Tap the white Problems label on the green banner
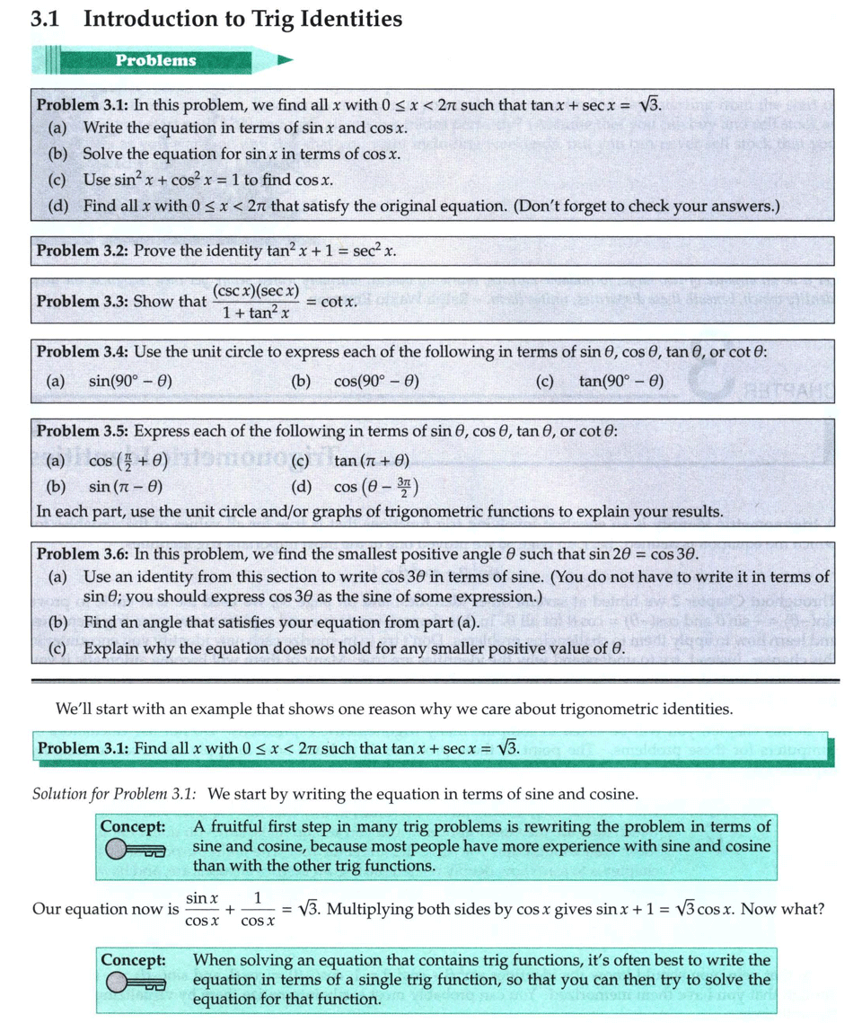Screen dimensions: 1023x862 155,60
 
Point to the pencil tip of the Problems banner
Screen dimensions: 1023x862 286,61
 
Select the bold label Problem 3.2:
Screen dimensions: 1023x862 82,251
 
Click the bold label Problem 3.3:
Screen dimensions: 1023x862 82,302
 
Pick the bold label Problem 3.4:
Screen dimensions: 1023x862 82,351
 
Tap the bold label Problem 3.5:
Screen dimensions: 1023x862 82,431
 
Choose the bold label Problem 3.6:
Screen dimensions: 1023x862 82,553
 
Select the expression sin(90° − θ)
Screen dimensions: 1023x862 131,381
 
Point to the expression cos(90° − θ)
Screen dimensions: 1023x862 376,381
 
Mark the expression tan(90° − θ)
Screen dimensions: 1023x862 621,381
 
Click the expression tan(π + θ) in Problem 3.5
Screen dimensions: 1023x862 372,462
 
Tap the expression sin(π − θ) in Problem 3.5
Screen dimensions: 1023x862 126,488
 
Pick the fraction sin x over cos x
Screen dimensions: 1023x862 202,909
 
